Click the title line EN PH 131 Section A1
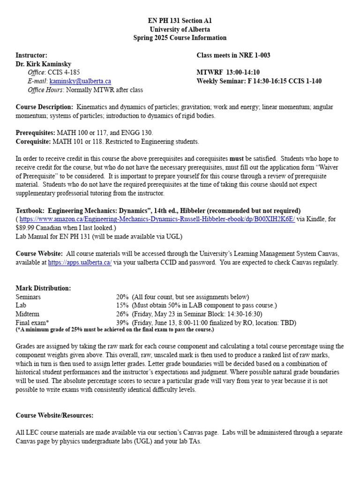tap(180, 21)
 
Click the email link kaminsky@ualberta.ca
tap(80, 81)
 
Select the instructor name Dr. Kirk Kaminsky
tap(44, 64)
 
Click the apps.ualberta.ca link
tap(80, 262)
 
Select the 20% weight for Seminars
tap(122, 297)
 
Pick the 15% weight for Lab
tap(122, 306)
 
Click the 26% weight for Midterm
tap(122, 314)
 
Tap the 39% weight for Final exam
tap(122, 323)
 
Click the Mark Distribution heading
tap(43, 288)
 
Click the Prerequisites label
tap(36, 133)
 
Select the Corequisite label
tap(33, 142)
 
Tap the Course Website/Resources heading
tap(54, 415)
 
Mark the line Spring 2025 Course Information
tap(180, 38)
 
